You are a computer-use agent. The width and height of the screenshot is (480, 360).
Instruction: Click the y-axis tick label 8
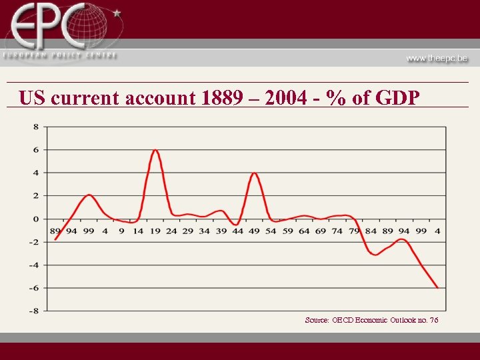[x=35, y=127]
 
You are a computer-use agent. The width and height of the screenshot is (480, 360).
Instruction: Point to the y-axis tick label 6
[x=35, y=150]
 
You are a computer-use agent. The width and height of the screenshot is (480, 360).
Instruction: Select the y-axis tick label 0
[x=35, y=219]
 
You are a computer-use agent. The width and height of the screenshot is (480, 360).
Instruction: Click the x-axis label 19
[x=155, y=231]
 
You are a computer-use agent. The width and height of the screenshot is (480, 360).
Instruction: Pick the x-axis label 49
[x=254, y=231]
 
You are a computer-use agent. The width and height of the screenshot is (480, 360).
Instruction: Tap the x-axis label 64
[x=304, y=231]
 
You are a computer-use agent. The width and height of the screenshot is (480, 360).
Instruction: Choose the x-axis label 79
[x=354, y=231]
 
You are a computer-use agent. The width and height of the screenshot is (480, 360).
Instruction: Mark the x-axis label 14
[x=138, y=231]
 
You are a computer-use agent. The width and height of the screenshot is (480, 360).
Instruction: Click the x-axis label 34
[x=204, y=231]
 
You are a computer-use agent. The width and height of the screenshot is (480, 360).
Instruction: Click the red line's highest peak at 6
[x=155, y=150]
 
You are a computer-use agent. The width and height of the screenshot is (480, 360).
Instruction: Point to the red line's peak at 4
[x=254, y=173]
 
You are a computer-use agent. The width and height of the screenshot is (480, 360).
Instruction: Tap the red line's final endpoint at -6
[x=437, y=287]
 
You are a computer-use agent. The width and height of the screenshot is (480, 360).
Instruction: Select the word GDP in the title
[x=398, y=99]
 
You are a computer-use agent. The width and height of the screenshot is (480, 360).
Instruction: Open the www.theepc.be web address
[x=437, y=58]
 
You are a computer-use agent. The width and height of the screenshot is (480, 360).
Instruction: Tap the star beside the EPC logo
[x=117, y=13]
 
